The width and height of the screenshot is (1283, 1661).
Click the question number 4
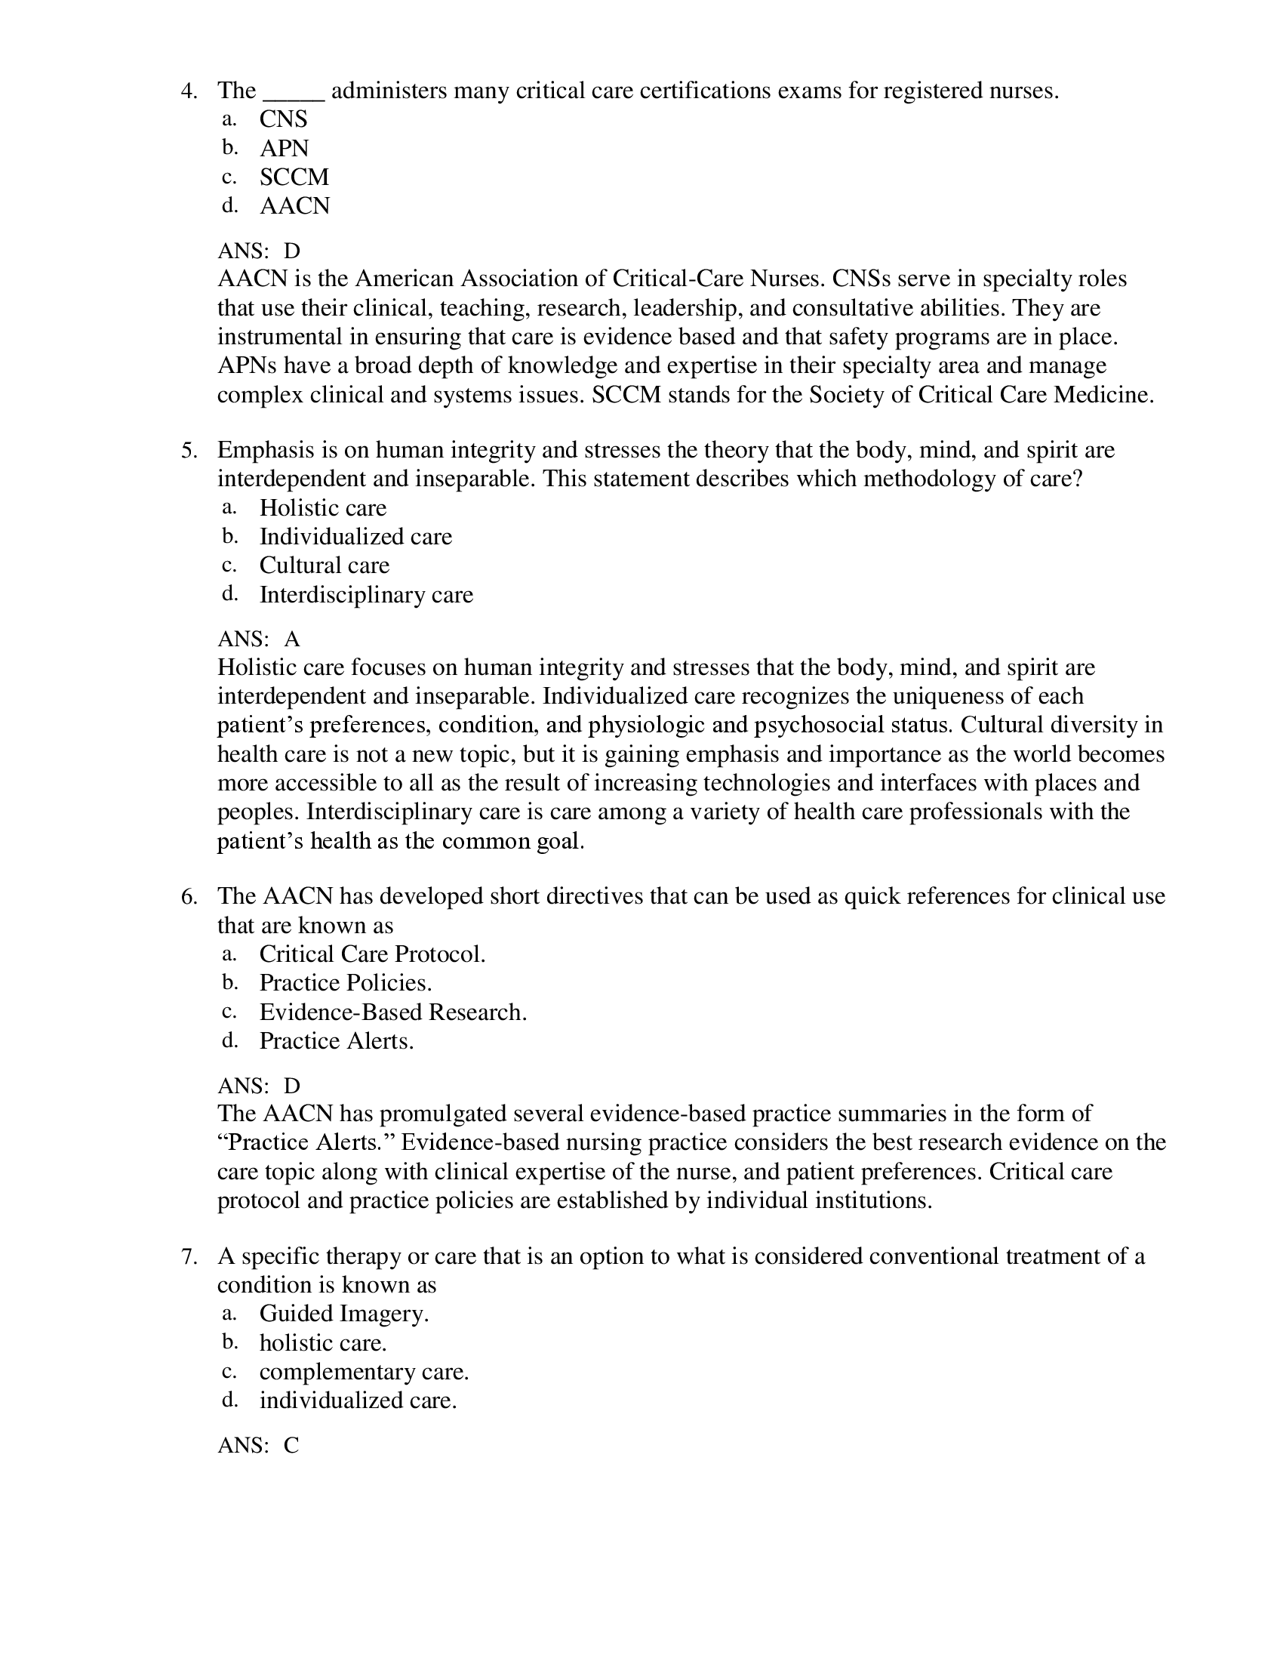point(189,91)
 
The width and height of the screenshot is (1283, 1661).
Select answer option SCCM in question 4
point(294,177)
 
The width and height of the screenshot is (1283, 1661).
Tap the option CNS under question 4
point(284,119)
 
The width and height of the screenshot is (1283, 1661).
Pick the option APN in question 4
point(285,148)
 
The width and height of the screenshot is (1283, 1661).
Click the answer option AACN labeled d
point(294,206)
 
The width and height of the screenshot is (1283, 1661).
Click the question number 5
point(189,450)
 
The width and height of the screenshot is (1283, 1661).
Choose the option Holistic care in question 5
point(323,508)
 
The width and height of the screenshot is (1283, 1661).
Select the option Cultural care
point(324,565)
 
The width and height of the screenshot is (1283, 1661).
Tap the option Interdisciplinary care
point(365,595)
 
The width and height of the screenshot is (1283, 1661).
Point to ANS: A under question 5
point(258,639)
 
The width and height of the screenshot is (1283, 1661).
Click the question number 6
point(189,897)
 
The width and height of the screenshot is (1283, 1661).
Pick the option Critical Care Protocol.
point(371,954)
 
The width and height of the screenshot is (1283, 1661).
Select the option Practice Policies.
point(345,983)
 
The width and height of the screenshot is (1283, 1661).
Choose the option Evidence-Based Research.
point(393,1012)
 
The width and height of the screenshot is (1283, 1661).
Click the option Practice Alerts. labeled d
point(336,1041)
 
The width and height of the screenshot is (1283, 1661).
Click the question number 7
point(189,1256)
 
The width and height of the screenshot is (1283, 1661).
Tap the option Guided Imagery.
point(343,1314)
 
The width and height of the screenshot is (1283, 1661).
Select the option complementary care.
point(364,1372)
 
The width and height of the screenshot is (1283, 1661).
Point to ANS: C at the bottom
point(258,1446)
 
